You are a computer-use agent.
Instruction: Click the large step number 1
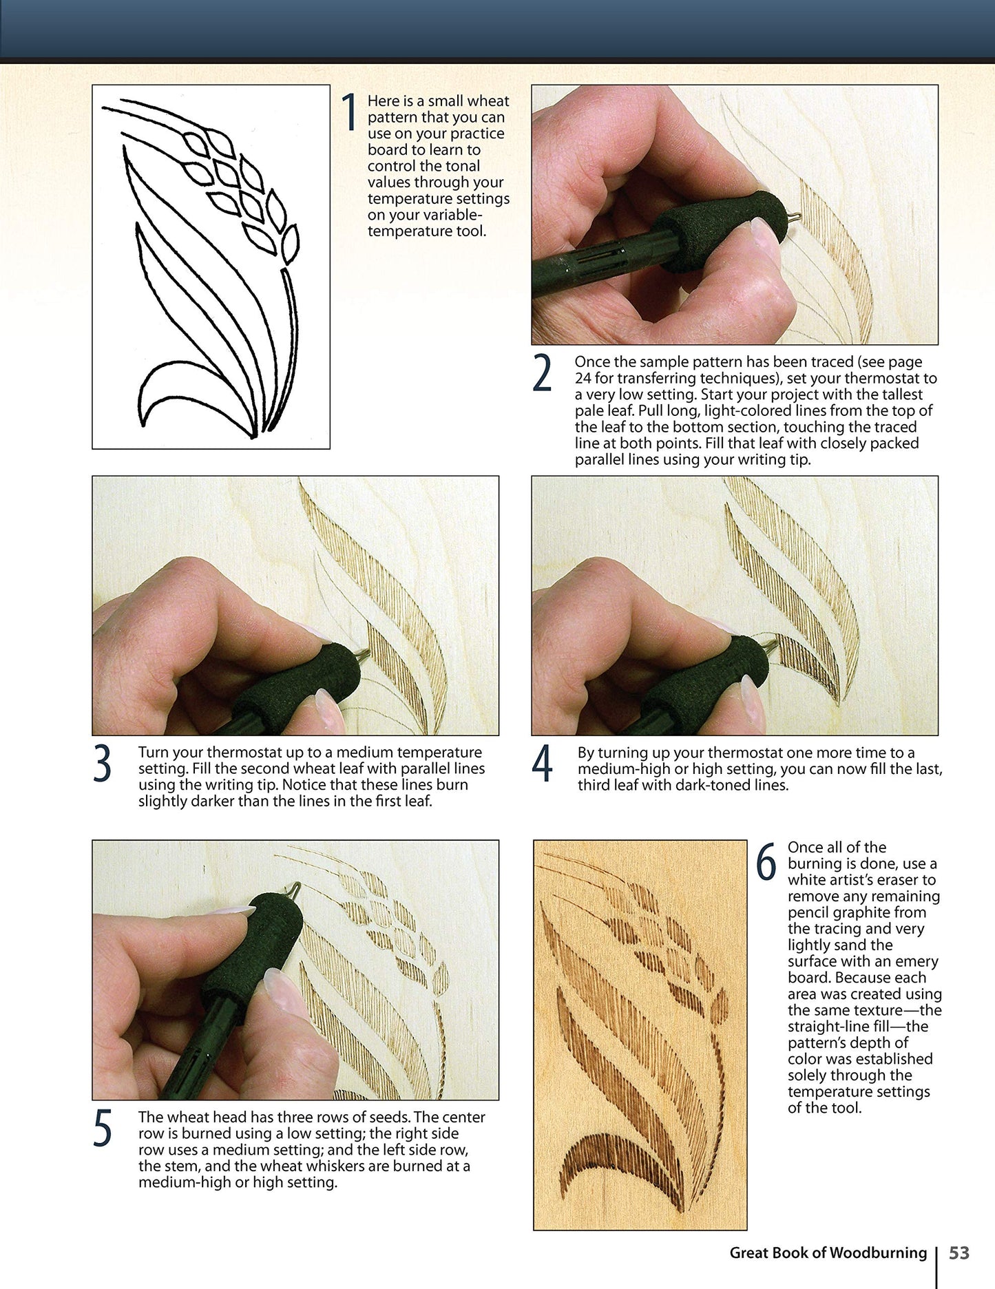tap(350, 112)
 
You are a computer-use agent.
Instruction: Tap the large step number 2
tap(543, 374)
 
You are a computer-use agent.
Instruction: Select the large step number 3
tap(102, 764)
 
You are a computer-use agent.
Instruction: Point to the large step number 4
tap(543, 764)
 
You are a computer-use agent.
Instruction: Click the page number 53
tap(959, 1253)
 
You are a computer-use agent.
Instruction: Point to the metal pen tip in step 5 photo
tap(296, 890)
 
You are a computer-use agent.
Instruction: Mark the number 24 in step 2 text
tap(583, 378)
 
